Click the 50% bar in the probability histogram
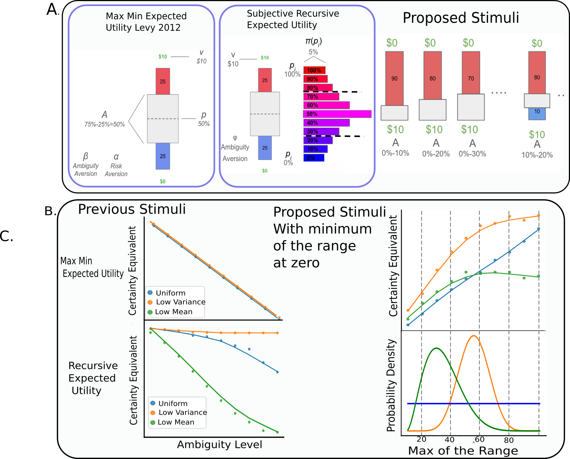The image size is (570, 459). pyautogui.click(x=337, y=114)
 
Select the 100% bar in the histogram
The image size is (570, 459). pyautogui.click(x=314, y=70)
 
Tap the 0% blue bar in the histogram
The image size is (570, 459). pyautogui.click(x=314, y=158)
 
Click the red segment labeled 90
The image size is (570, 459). pyautogui.click(x=394, y=78)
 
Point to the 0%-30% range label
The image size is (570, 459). pyautogui.click(x=472, y=154)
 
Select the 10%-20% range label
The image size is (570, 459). pyautogui.click(x=537, y=155)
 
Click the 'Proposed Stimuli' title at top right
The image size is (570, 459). pyautogui.click(x=461, y=18)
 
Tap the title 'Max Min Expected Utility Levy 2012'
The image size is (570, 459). pyautogui.click(x=146, y=22)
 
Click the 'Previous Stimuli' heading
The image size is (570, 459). pyautogui.click(x=132, y=209)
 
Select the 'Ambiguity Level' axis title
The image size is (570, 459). pyautogui.click(x=220, y=445)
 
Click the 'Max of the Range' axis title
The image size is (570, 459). pyautogui.click(x=463, y=451)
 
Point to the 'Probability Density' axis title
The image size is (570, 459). pyautogui.click(x=391, y=385)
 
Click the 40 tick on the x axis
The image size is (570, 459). pyautogui.click(x=450, y=440)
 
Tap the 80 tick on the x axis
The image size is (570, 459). pyautogui.click(x=509, y=440)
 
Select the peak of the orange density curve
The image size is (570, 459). pyautogui.click(x=474, y=335)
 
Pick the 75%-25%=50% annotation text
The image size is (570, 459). pyautogui.click(x=105, y=124)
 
